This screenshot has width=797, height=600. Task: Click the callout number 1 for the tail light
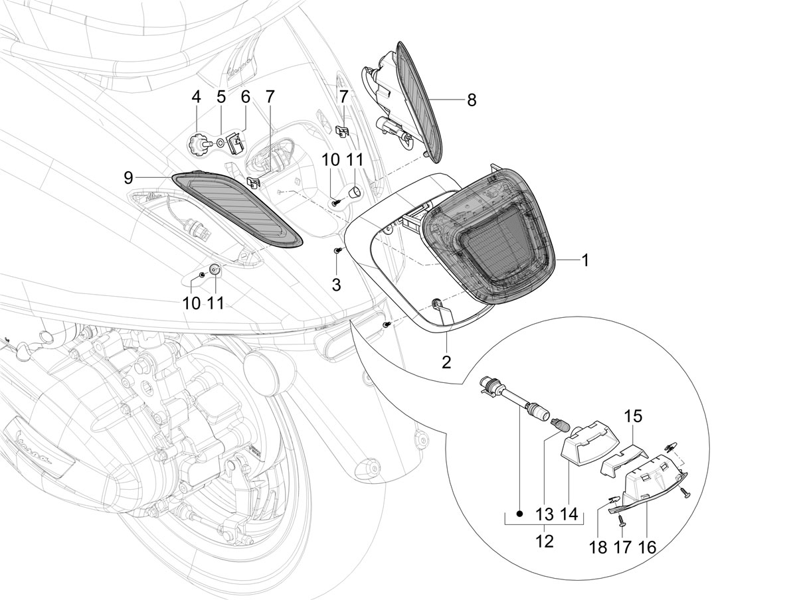585,260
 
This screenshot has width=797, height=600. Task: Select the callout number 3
337,285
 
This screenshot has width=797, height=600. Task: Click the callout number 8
472,100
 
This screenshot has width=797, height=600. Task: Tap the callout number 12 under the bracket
544,552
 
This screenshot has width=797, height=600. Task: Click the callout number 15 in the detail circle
632,417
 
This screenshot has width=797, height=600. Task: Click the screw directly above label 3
337,250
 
